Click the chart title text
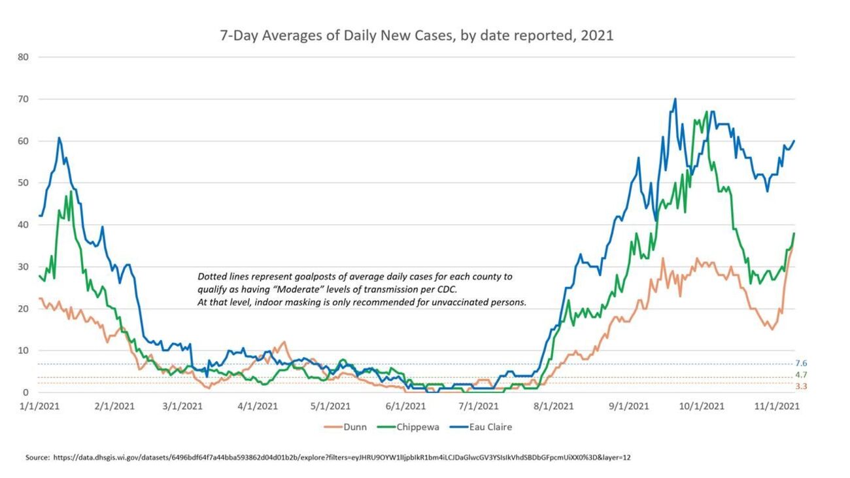416,35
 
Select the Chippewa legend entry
409,427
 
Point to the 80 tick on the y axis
24,57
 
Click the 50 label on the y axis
24,182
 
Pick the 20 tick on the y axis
24,309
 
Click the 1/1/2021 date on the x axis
40,406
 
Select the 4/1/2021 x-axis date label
258,406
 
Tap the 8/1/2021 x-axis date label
553,406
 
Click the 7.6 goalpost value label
801,364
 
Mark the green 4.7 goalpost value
801,375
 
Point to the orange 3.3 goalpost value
801,386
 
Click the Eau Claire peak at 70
675,99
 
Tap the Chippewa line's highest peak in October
707,112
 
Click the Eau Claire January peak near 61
59,138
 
